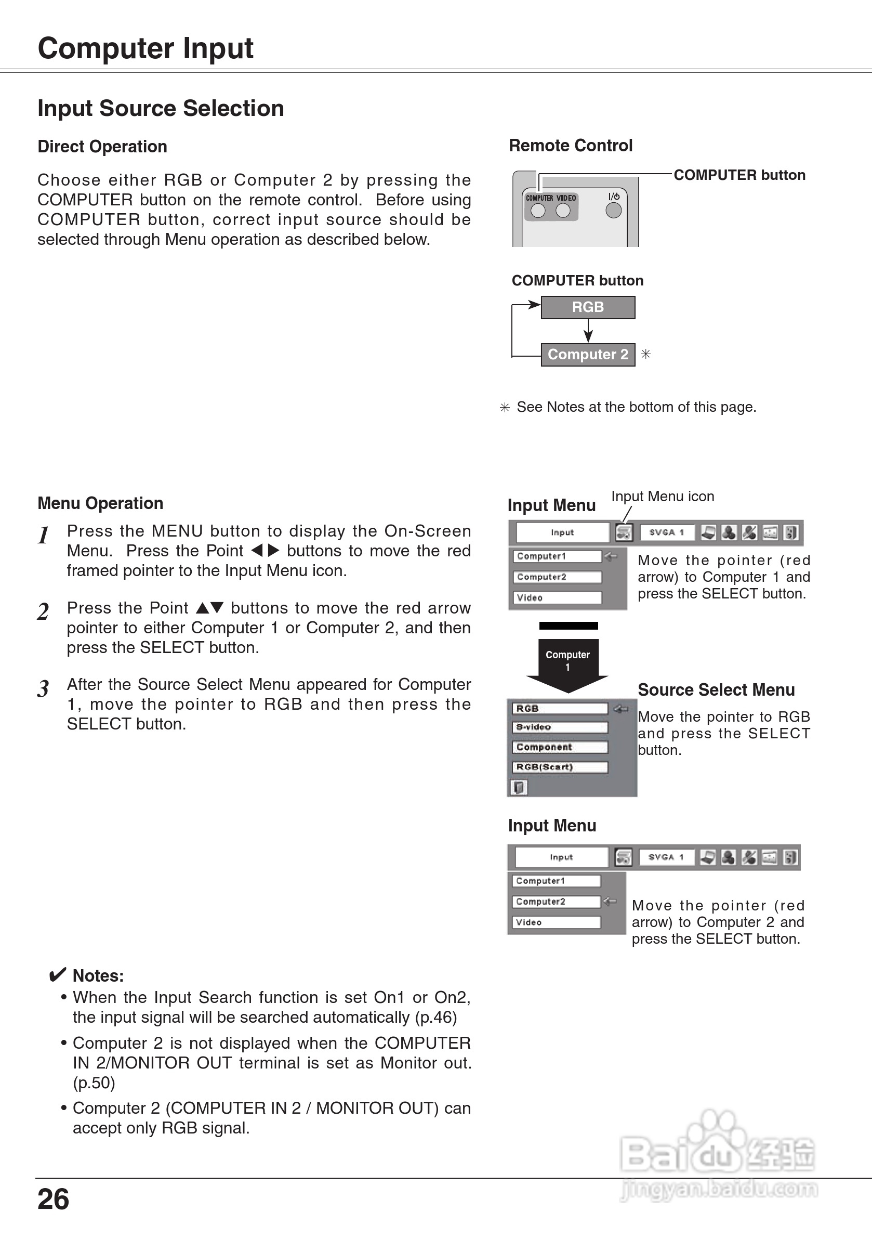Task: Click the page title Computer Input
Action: (x=146, y=48)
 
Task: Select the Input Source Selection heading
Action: (x=161, y=108)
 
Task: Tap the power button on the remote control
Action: (x=613, y=210)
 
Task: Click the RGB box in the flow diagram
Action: (x=587, y=307)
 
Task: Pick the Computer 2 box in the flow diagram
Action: (x=587, y=354)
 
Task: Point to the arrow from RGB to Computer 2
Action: (x=588, y=331)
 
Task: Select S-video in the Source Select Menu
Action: (x=559, y=727)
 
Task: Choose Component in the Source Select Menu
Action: (x=559, y=747)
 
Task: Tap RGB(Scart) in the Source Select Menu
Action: (x=559, y=767)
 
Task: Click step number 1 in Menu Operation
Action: (x=44, y=536)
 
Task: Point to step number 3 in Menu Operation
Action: (x=43, y=688)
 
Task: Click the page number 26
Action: (x=54, y=1199)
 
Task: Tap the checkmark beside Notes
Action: (x=57, y=974)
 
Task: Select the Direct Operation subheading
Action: (x=102, y=147)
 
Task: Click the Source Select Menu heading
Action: (x=716, y=689)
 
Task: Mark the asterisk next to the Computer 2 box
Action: (x=645, y=354)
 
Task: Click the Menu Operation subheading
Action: (x=100, y=503)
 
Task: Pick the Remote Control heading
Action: (x=570, y=146)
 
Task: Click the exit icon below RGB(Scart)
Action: (x=519, y=788)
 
